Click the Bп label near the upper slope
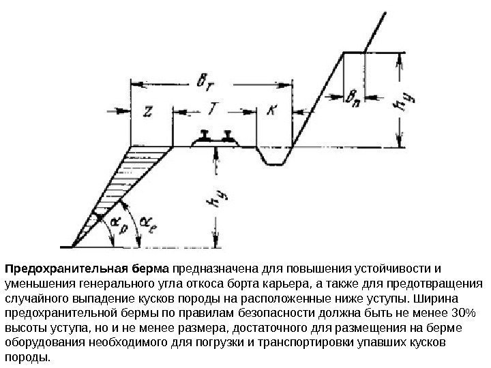point(354,98)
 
